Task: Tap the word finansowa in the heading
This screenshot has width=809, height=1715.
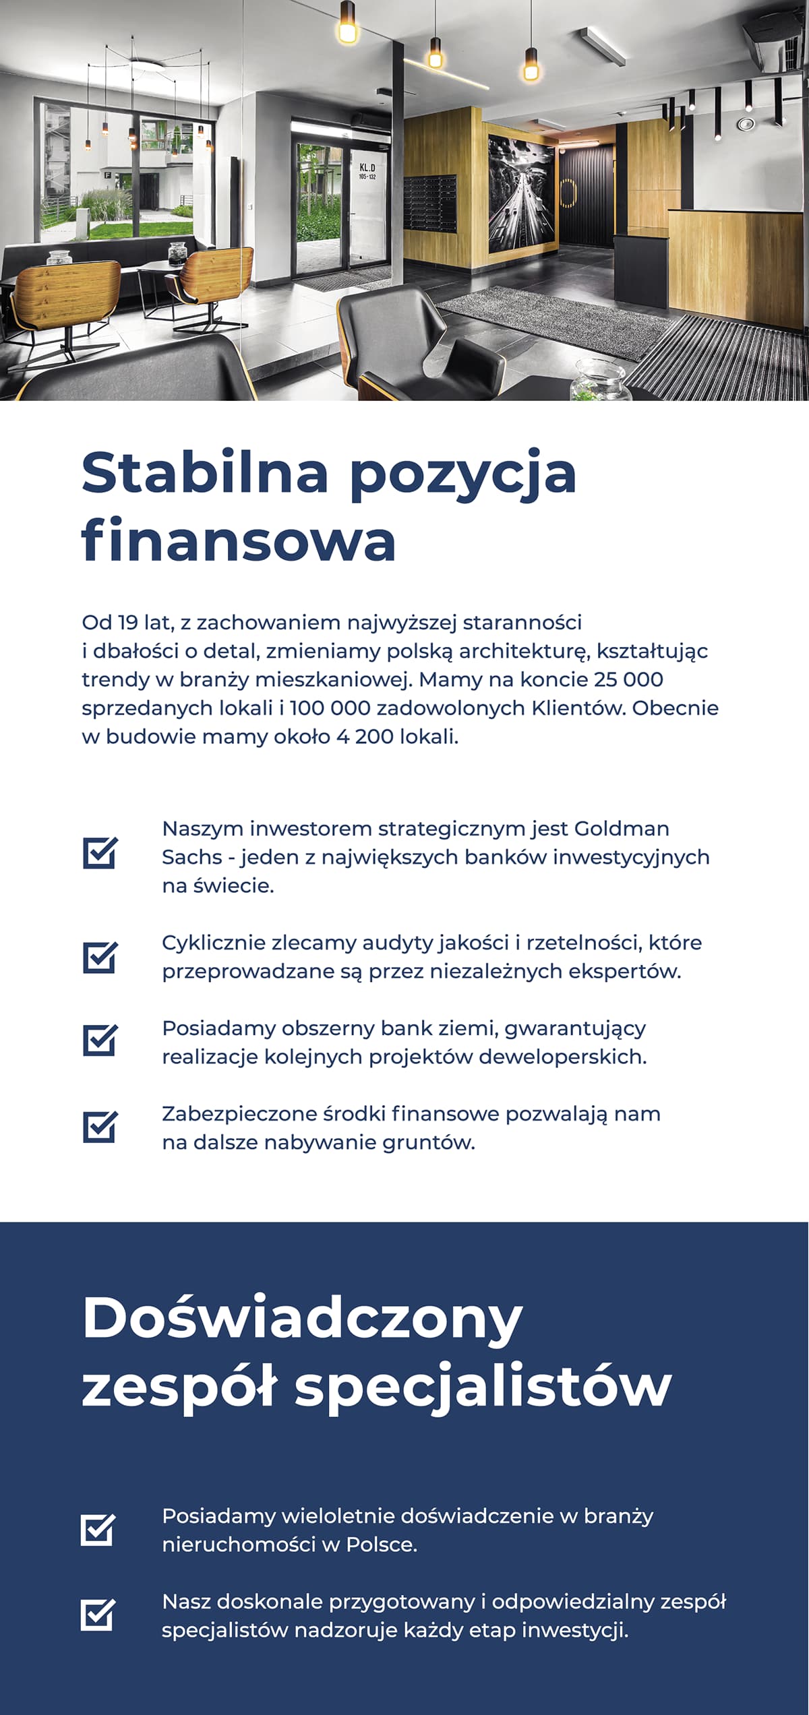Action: [x=239, y=540]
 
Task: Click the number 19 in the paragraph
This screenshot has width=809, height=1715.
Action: [x=127, y=622]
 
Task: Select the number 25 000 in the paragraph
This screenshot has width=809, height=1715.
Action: [x=628, y=679]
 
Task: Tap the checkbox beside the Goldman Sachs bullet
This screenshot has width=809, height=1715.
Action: [x=100, y=852]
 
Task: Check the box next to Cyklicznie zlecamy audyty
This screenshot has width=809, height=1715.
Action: [x=100, y=957]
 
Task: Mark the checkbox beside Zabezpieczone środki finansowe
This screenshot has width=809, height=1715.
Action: [x=100, y=1127]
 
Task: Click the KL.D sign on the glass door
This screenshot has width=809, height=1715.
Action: [x=367, y=170]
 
